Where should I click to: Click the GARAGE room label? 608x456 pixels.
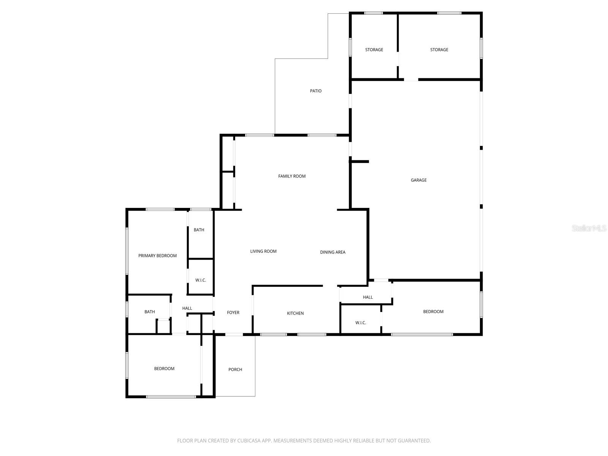click(x=418, y=180)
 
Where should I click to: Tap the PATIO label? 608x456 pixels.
click(x=315, y=91)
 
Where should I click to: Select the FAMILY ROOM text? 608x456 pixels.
click(x=291, y=176)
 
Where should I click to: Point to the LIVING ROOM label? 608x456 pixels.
click(x=263, y=251)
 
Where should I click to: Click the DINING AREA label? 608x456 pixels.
click(x=332, y=252)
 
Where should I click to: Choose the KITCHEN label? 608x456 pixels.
click(x=295, y=313)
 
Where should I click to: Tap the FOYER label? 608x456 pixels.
click(x=233, y=312)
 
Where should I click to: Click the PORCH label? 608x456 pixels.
click(x=235, y=369)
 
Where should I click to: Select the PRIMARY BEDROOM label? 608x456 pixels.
click(x=157, y=256)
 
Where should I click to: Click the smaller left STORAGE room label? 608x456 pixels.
click(x=374, y=50)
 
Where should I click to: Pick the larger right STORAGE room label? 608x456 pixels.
click(x=439, y=50)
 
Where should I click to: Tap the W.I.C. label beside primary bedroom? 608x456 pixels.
click(x=200, y=280)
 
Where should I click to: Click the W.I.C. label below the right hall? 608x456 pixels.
click(x=360, y=323)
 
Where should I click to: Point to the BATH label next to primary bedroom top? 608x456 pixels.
click(x=199, y=230)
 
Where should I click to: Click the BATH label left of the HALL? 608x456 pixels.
click(x=149, y=312)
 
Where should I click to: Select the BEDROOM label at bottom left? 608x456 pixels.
click(x=164, y=369)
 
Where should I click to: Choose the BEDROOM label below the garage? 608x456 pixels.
click(x=433, y=312)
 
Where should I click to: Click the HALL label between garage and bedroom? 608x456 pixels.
click(x=367, y=297)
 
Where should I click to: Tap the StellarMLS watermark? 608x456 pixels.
click(x=589, y=228)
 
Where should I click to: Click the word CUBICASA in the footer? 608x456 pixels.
click(x=249, y=441)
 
